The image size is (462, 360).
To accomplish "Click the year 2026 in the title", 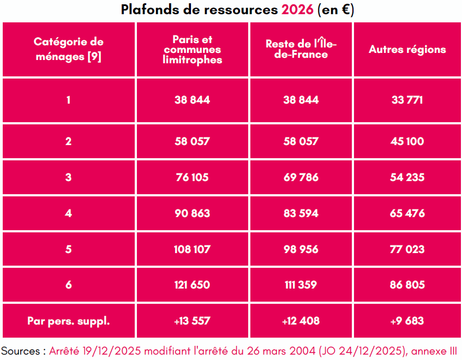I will point(298,10).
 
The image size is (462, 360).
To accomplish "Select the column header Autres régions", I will point(407,50).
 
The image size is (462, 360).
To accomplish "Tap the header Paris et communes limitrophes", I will point(193,50).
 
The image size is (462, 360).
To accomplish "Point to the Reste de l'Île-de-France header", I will point(301,50).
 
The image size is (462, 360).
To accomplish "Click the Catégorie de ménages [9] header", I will point(68,50).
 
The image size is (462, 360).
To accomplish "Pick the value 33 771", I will point(407,100).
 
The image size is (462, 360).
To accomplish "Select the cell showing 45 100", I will point(407,141).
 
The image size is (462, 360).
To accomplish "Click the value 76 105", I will point(193,177).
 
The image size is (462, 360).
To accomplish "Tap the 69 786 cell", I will point(301,177).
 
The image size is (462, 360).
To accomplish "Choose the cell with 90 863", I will point(193,213).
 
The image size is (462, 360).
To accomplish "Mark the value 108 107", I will point(193,249).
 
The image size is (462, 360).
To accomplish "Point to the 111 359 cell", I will point(301,285).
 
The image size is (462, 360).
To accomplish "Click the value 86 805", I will point(407,285).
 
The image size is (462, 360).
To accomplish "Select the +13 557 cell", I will point(193,321).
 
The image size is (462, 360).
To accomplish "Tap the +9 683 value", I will point(407,321).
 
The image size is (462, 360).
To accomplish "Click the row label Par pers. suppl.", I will point(68,321).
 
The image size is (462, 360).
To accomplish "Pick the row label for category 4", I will point(68,213).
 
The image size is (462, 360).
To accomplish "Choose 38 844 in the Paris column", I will point(193,100).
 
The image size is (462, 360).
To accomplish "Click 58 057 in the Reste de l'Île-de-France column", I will point(301,141).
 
